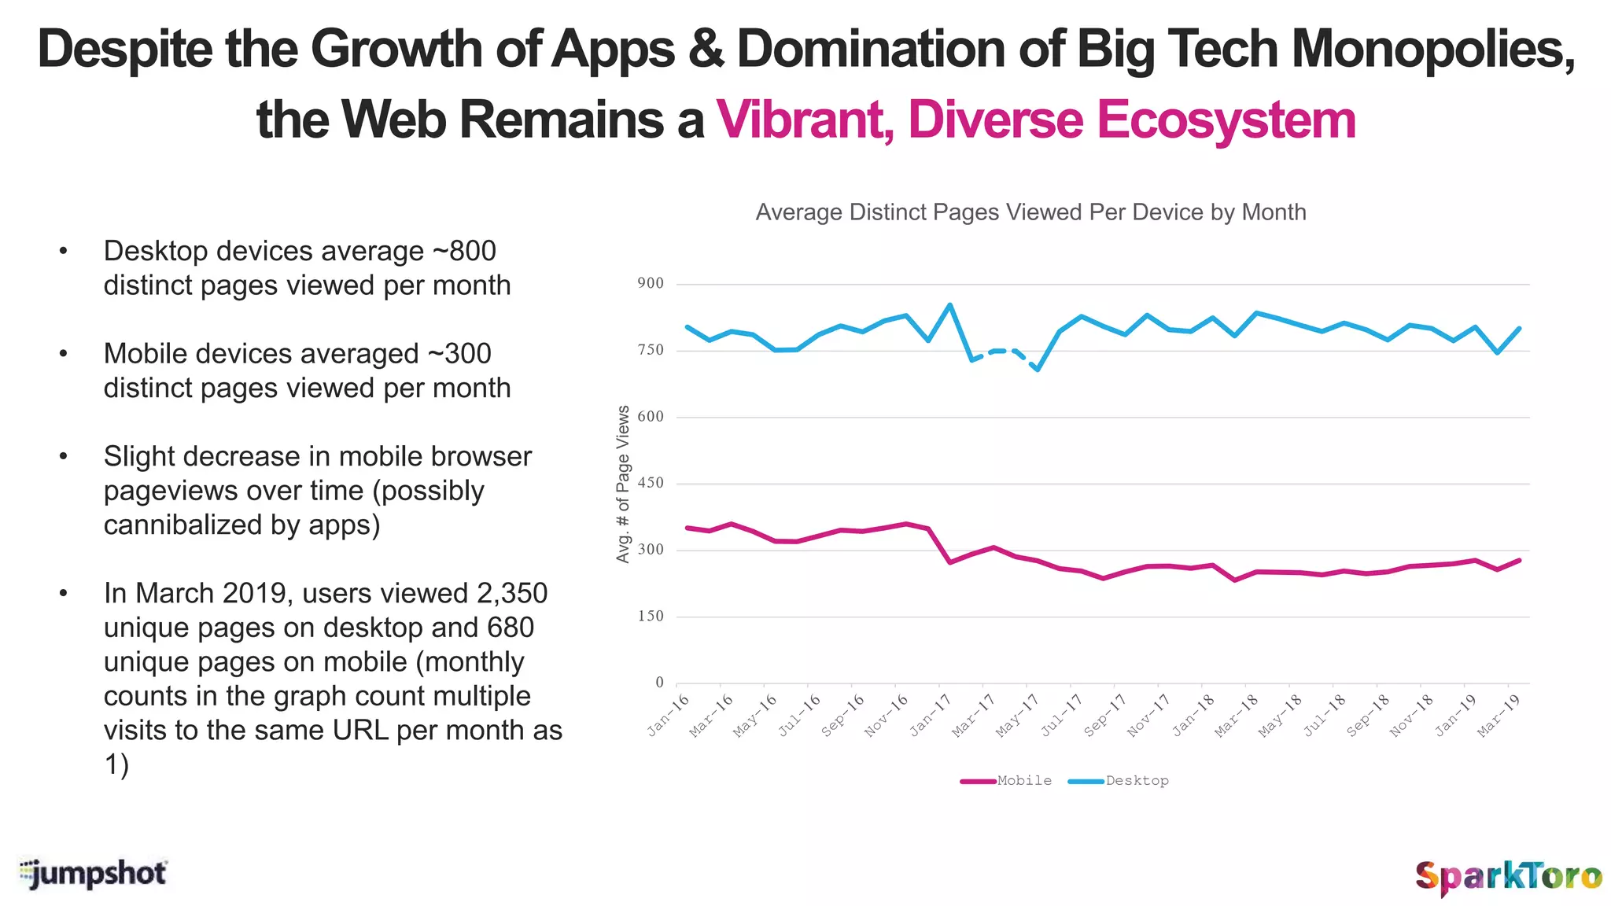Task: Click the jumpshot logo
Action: (x=93, y=874)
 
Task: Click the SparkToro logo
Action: (x=1508, y=876)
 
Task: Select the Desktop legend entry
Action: (x=1119, y=781)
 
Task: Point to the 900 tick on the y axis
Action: (x=651, y=284)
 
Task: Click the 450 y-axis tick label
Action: (x=651, y=484)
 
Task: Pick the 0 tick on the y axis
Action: (x=659, y=683)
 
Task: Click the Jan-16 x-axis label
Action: (x=669, y=716)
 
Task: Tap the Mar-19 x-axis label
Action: (x=1498, y=716)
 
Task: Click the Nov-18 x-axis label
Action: (x=1411, y=716)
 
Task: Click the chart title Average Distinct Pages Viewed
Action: (x=1030, y=212)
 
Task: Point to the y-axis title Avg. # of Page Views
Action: (x=623, y=484)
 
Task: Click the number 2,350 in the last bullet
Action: (x=512, y=593)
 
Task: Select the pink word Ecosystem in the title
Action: (x=1226, y=120)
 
